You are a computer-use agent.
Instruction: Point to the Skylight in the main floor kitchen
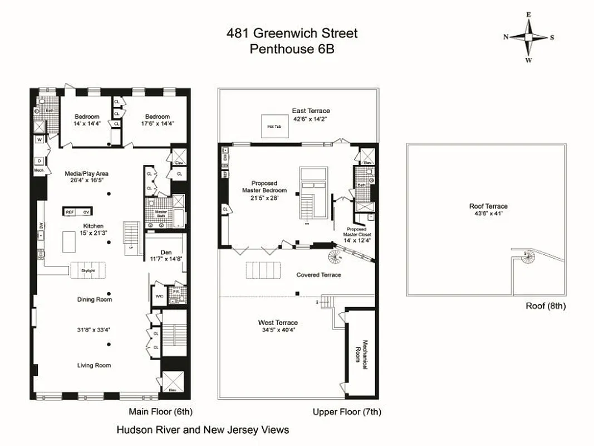pos(89,270)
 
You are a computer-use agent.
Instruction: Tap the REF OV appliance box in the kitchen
pos(77,212)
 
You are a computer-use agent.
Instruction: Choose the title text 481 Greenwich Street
pos(292,33)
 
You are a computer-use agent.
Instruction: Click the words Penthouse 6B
pos(292,49)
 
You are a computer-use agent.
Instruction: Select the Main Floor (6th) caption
pos(160,413)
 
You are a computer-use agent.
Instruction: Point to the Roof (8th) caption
pos(546,306)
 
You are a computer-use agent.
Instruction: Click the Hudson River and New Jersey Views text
pos(203,430)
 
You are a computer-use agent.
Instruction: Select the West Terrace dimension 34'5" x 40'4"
pos(277,329)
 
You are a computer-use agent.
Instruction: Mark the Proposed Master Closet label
pos(356,235)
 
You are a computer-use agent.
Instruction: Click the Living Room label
pos(94,365)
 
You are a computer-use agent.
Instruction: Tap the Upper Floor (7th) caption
pos(347,413)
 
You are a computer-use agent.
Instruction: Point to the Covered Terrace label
pos(318,275)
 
